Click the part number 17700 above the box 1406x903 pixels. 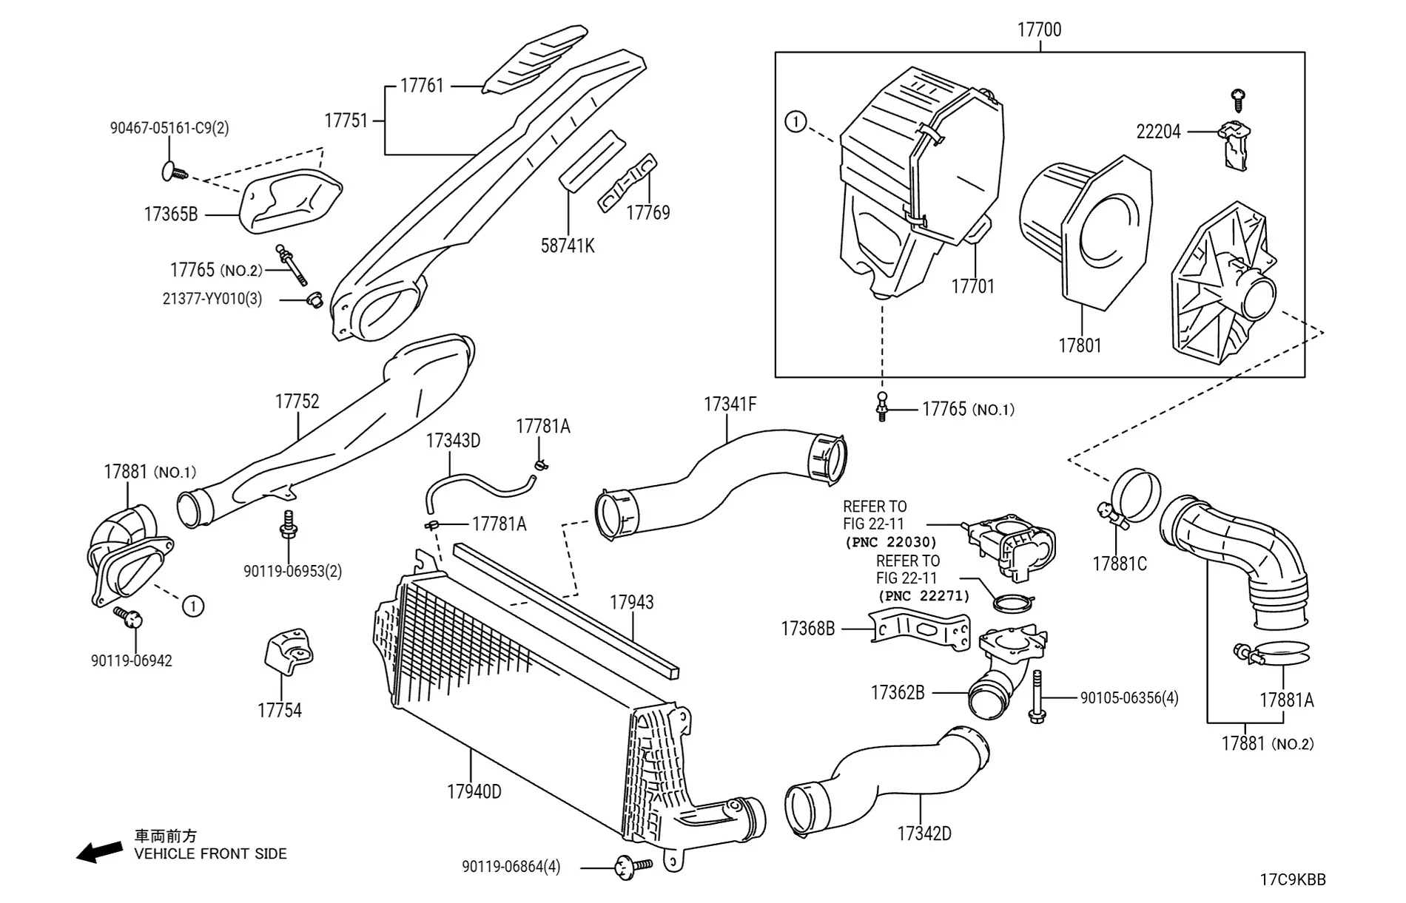point(1039,30)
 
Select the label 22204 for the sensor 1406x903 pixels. point(1158,132)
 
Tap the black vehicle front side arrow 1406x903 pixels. point(100,852)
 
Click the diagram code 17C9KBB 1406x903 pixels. point(1293,880)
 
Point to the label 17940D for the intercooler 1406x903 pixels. point(474,792)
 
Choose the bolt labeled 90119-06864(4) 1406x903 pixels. point(629,866)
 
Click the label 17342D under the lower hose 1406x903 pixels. point(924,833)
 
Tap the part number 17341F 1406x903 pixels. point(730,405)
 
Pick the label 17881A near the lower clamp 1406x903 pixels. point(1287,700)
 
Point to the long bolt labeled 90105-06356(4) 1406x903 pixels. point(1036,697)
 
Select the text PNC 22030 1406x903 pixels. point(891,542)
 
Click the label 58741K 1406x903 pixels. point(568,246)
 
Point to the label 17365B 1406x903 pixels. point(170,214)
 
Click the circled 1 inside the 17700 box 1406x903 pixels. point(795,121)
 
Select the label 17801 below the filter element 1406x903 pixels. point(1080,345)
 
